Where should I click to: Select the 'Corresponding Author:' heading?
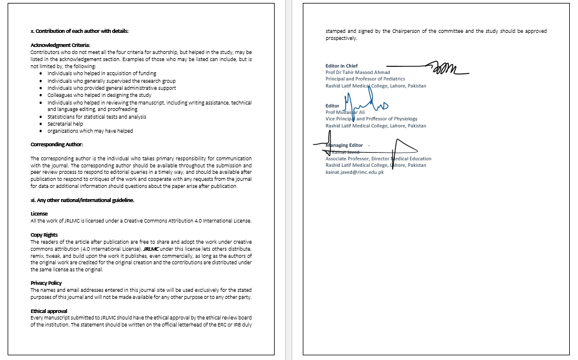57,144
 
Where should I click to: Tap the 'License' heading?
39,214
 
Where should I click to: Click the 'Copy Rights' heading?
44,235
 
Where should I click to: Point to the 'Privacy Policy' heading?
47,283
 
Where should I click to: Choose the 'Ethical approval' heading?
49,311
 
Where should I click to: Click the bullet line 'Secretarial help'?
65,124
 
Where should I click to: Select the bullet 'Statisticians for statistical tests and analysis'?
97,117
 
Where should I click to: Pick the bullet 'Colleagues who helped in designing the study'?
99,95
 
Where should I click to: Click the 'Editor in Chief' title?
342,66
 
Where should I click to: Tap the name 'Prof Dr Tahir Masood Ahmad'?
357,72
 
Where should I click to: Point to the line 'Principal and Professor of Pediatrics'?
365,79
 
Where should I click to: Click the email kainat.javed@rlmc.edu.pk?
354,172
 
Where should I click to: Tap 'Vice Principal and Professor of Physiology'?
371,119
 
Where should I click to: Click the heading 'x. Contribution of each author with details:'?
79,31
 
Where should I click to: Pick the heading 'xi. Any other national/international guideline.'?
82,200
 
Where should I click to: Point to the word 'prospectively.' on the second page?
341,38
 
